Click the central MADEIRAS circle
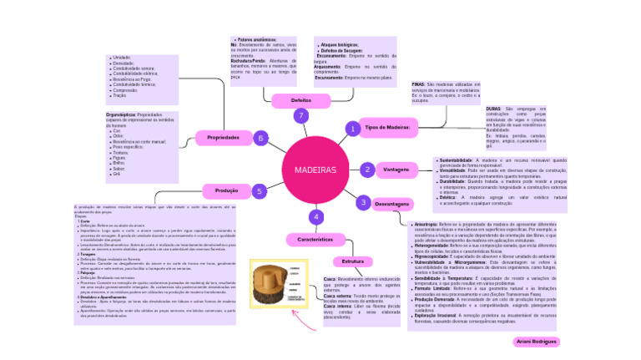click(x=315, y=170)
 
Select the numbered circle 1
click(x=353, y=129)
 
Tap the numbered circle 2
click(x=367, y=170)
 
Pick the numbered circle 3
click(x=362, y=202)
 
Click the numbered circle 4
click(x=315, y=217)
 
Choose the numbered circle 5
click(x=260, y=190)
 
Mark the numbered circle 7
click(x=300, y=116)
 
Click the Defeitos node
click(x=300, y=100)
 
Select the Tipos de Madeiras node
click(x=386, y=127)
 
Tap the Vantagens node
click(x=396, y=170)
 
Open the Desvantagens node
click(x=391, y=204)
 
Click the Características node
click(x=315, y=239)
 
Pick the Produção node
click(x=221, y=190)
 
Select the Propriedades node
click(x=223, y=137)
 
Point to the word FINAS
click(x=418, y=84)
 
